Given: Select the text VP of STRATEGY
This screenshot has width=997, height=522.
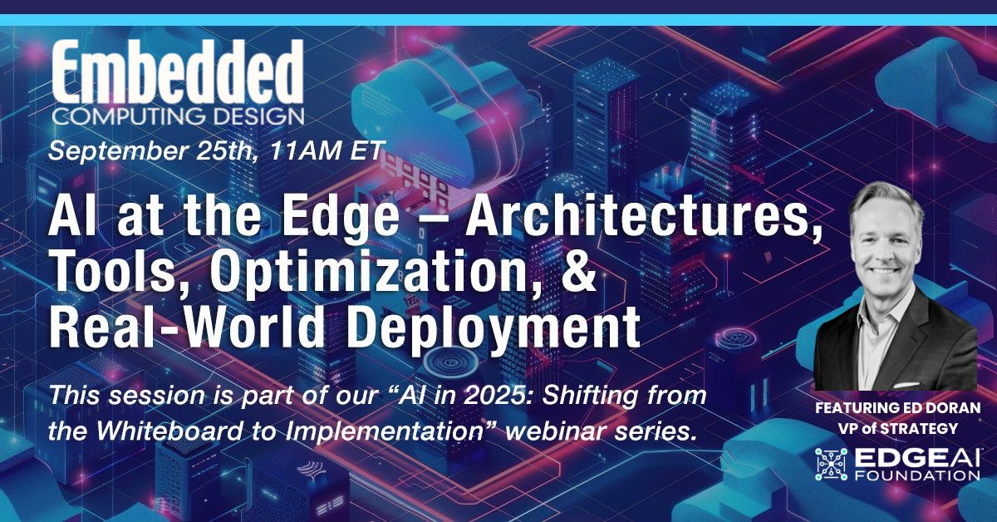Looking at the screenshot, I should tap(896, 429).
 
